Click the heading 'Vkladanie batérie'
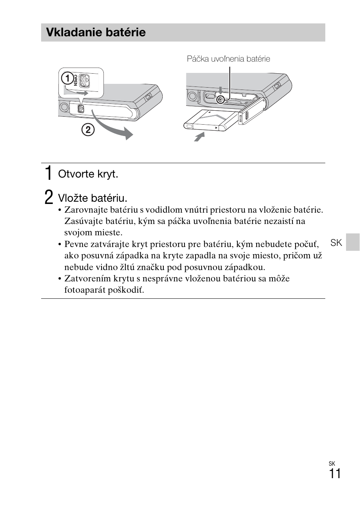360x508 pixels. coord(95,32)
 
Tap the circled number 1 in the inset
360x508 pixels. coord(67,79)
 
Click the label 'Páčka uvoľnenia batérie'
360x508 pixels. coord(228,59)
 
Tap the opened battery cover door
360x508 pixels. coord(251,111)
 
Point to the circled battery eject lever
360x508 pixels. coord(220,100)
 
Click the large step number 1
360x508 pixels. coord(48,173)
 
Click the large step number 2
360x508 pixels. coord(49,197)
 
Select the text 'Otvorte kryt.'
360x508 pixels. coord(88,174)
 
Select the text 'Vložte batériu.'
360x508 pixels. coord(93,198)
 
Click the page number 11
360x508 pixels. coord(335,474)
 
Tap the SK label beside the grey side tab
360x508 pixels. coord(336,243)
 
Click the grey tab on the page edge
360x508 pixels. coord(353,242)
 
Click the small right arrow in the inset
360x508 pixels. coord(82,93)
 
